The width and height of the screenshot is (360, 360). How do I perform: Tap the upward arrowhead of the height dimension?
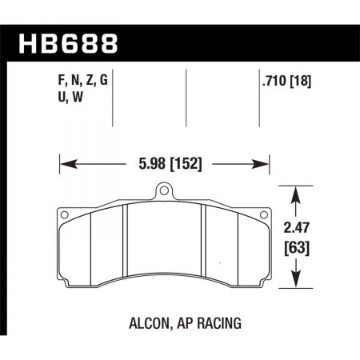[x=298, y=194]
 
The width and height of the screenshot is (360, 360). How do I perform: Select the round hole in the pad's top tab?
[x=164, y=192]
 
